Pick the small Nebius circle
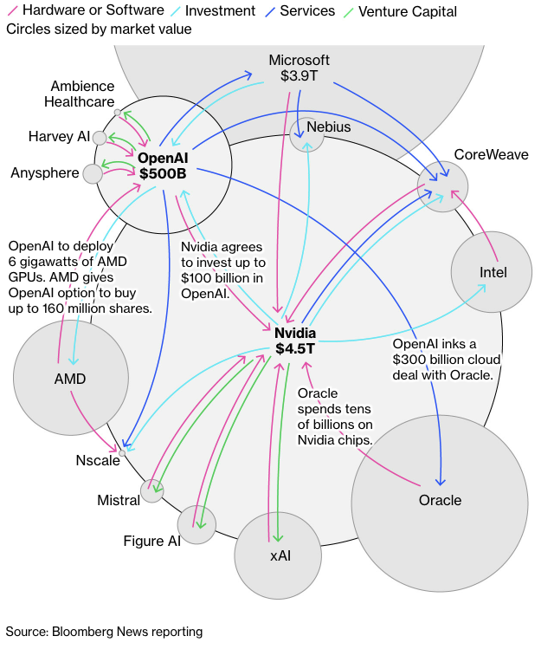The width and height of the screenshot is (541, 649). pyautogui.click(x=306, y=134)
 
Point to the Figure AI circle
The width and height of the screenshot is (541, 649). pyautogui.click(x=196, y=524)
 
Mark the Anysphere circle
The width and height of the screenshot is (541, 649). pyautogui.click(x=93, y=173)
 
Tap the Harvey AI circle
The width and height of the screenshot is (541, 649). pyautogui.click(x=100, y=138)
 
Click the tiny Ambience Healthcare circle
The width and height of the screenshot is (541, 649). pyautogui.click(x=119, y=113)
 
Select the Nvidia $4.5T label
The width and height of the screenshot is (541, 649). pyautogui.click(x=295, y=341)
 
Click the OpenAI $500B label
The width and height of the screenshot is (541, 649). pyautogui.click(x=162, y=165)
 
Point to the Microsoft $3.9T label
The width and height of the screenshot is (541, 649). pyautogui.click(x=299, y=68)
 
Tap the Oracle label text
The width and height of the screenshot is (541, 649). pyautogui.click(x=440, y=500)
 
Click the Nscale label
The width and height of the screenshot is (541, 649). pyautogui.click(x=97, y=460)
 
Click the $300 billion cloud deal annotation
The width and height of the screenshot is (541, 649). pyautogui.click(x=442, y=359)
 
